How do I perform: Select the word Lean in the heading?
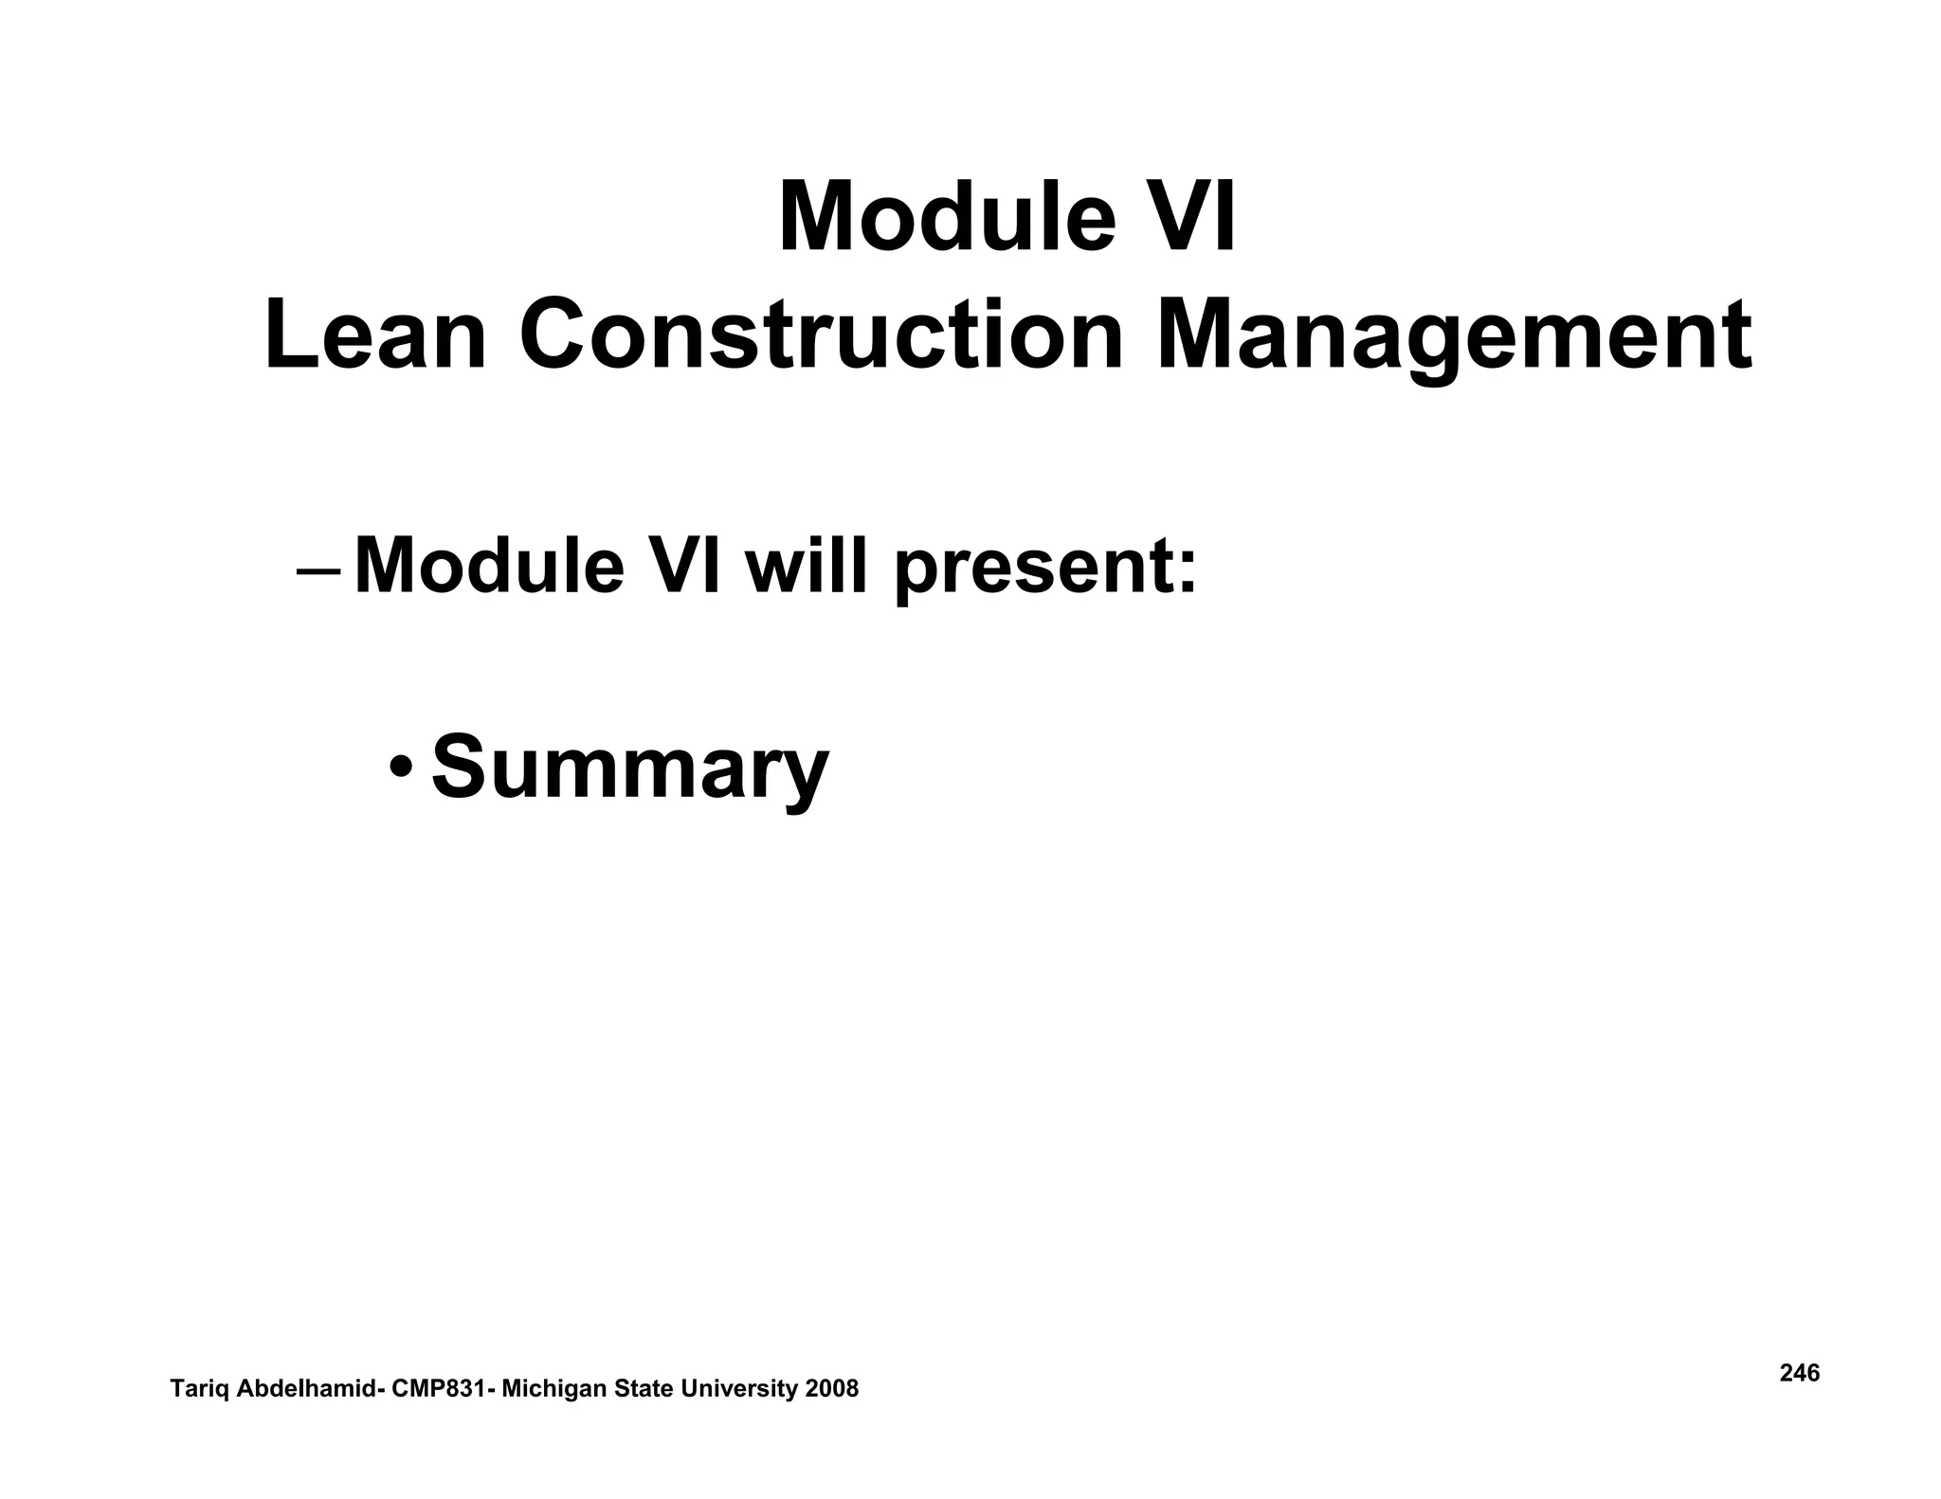tap(375, 336)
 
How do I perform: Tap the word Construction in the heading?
tap(821, 336)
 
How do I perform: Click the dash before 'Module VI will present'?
tap(318, 573)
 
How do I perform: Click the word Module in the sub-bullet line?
tap(489, 567)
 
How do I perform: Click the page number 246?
tap(1799, 1373)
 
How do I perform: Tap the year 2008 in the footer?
tap(831, 1389)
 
